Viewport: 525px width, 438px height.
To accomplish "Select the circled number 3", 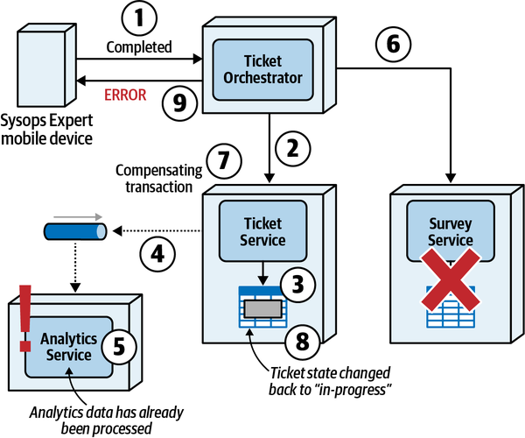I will point(298,284).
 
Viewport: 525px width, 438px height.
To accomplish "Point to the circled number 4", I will point(157,255).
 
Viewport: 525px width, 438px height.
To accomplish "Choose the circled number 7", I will point(222,160).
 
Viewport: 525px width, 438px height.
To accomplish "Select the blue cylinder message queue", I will point(74,231).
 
